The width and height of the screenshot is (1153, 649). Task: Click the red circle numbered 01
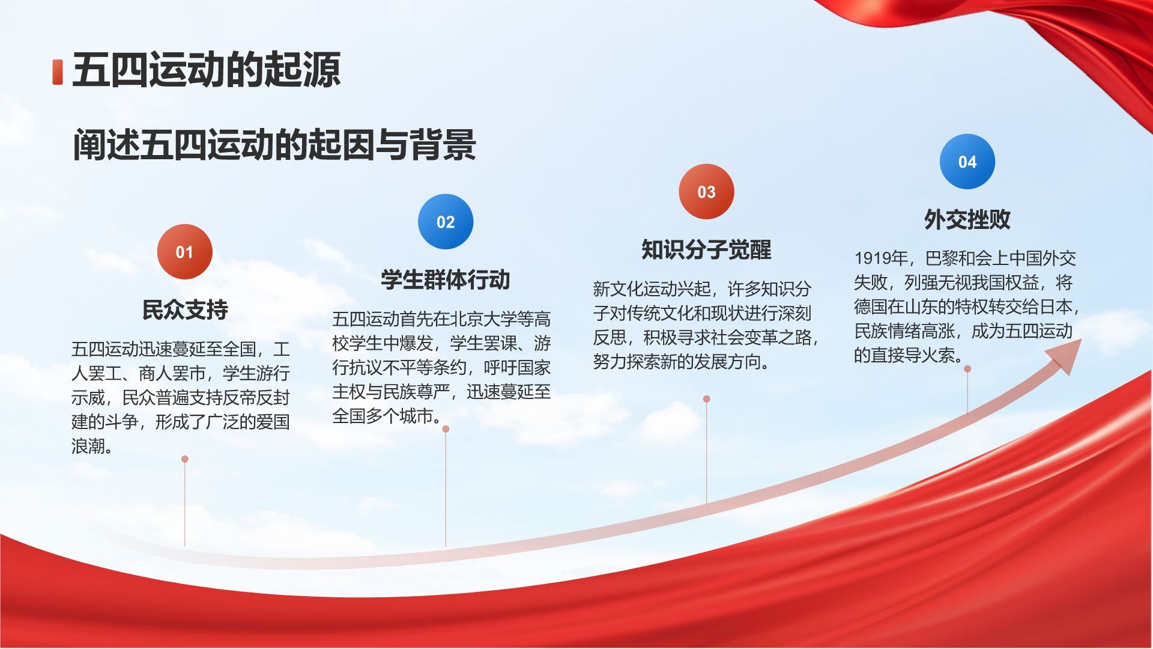pyautogui.click(x=184, y=252)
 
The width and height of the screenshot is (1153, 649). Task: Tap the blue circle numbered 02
pyautogui.click(x=446, y=222)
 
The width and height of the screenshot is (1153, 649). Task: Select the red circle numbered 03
pyautogui.click(x=706, y=192)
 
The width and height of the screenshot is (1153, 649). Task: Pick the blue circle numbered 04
pyautogui.click(x=967, y=162)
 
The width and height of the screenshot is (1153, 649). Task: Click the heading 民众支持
pyautogui.click(x=185, y=309)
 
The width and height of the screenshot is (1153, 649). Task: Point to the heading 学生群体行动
pyautogui.click(x=446, y=279)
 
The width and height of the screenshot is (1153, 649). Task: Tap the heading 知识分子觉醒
pyautogui.click(x=706, y=249)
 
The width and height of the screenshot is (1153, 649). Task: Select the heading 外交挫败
pyautogui.click(x=967, y=219)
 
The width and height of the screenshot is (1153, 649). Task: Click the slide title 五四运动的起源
pyautogui.click(x=207, y=70)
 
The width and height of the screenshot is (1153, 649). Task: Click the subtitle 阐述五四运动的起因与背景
pyautogui.click(x=274, y=145)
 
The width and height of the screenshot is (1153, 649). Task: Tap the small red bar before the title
pyautogui.click(x=58, y=72)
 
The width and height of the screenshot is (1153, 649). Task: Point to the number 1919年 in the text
pyautogui.click(x=881, y=258)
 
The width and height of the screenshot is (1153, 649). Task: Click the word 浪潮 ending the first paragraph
pyautogui.click(x=88, y=446)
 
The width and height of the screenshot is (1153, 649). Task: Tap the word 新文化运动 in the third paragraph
pyautogui.click(x=635, y=289)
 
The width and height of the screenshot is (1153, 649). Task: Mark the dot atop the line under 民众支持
pyautogui.click(x=185, y=459)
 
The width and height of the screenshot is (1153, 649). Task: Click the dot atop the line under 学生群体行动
pyautogui.click(x=446, y=429)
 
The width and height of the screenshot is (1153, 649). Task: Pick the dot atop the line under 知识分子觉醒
pyautogui.click(x=707, y=399)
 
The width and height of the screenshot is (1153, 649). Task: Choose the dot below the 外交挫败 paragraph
pyautogui.click(x=967, y=369)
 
